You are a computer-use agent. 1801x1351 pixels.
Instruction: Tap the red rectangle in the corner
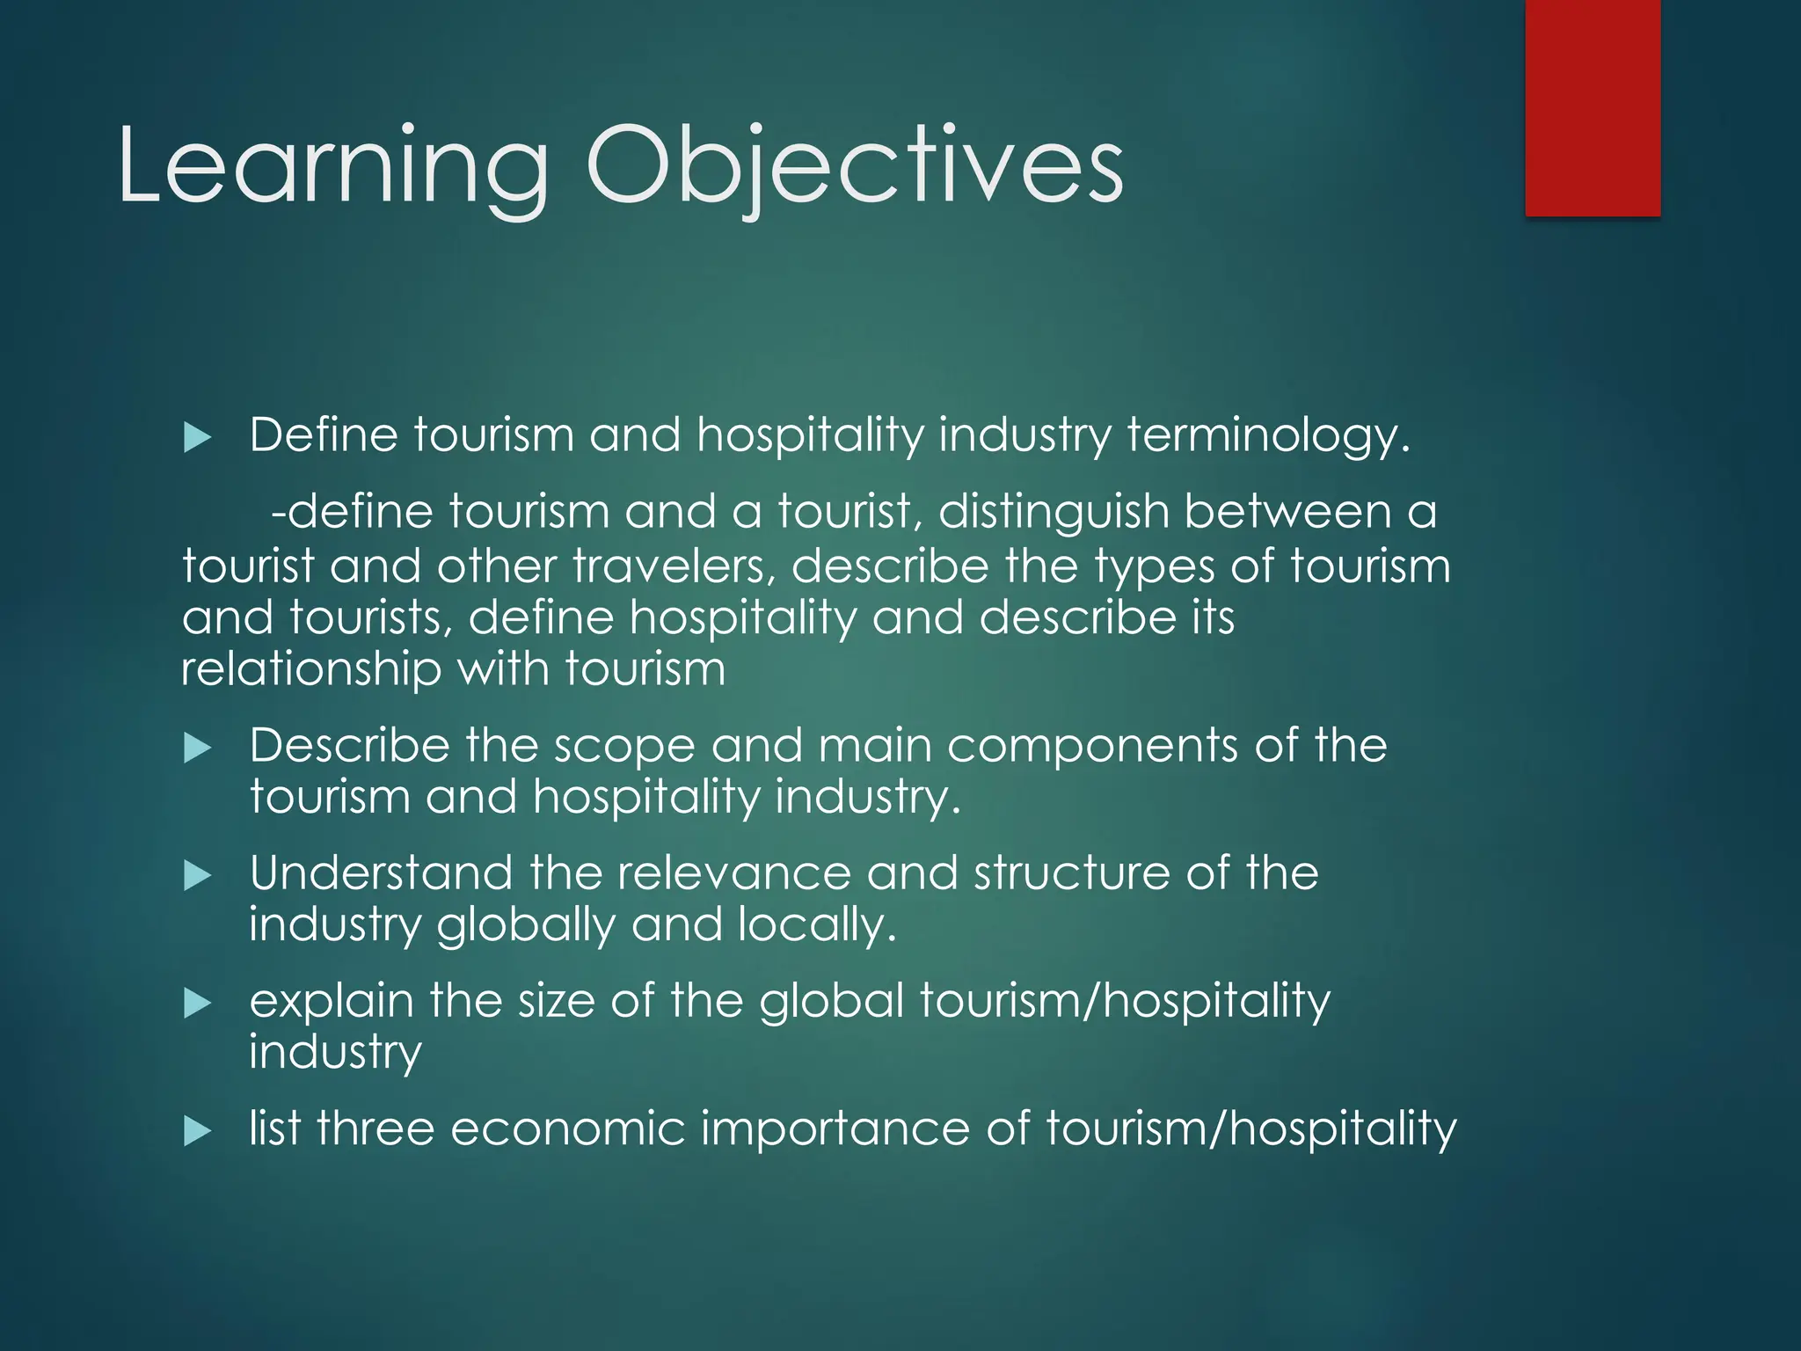[x=1593, y=107]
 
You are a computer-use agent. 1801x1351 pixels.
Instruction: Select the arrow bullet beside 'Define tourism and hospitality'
[x=198, y=438]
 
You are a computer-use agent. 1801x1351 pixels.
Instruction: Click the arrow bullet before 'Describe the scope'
[x=198, y=749]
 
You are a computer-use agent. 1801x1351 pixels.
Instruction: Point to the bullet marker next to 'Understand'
[x=198, y=876]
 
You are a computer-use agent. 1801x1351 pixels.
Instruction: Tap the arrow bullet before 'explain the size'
[x=198, y=1004]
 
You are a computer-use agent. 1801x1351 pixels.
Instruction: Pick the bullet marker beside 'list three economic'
[x=198, y=1132]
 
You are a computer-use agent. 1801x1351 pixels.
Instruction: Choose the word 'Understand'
[x=381, y=873]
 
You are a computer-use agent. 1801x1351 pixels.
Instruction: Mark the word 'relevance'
[x=734, y=873]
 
